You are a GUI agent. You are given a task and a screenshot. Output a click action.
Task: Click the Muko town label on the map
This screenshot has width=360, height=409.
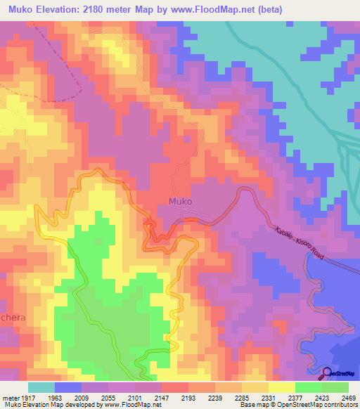(x=181, y=201)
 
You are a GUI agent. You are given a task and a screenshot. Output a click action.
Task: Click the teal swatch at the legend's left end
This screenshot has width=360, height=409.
(x=41, y=387)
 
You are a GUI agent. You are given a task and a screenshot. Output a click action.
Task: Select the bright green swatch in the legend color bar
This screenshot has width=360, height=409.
(x=308, y=387)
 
